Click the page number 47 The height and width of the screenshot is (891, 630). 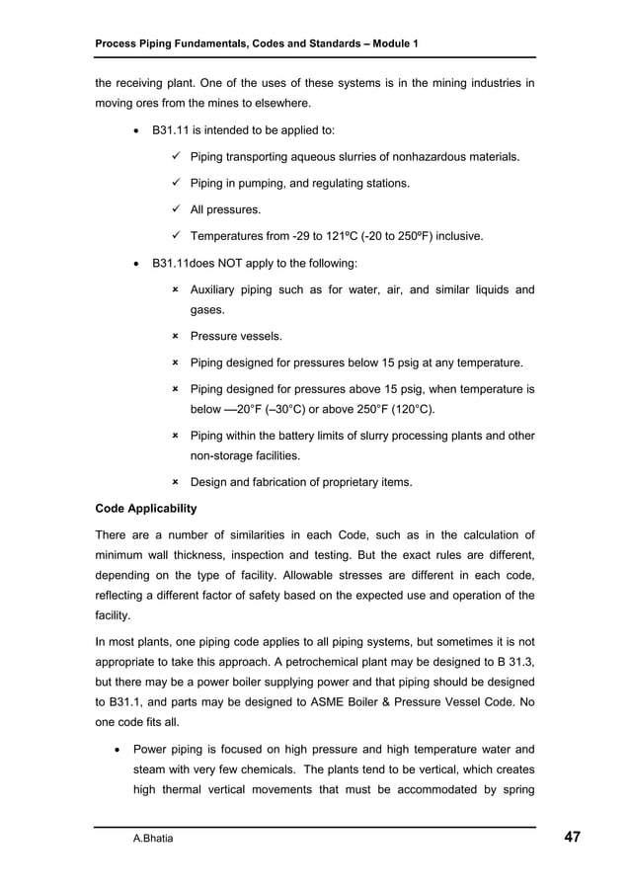pos(572,838)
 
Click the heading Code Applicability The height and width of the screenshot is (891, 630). pos(145,509)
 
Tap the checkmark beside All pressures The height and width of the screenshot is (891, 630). pos(175,209)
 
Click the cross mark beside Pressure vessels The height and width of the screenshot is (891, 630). pos(175,337)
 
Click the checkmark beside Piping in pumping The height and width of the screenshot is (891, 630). pos(175,183)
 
